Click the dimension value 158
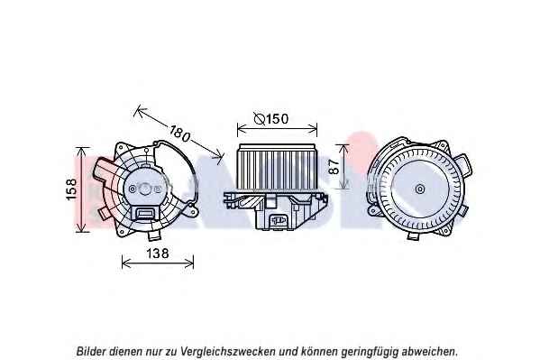coord(71,189)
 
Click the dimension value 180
coord(179,134)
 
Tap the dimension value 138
coord(158,254)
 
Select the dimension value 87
coord(334,167)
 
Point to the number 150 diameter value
coord(277,119)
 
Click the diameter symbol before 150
coord(260,118)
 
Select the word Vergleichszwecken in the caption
coord(227,352)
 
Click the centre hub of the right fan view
coord(419,189)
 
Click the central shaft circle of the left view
coord(144,189)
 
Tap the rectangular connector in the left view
coord(144,213)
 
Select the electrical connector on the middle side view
coord(279,219)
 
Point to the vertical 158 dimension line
coord(81,189)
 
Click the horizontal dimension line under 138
coord(158,263)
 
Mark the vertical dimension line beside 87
coord(343,167)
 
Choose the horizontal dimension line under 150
coord(277,129)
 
